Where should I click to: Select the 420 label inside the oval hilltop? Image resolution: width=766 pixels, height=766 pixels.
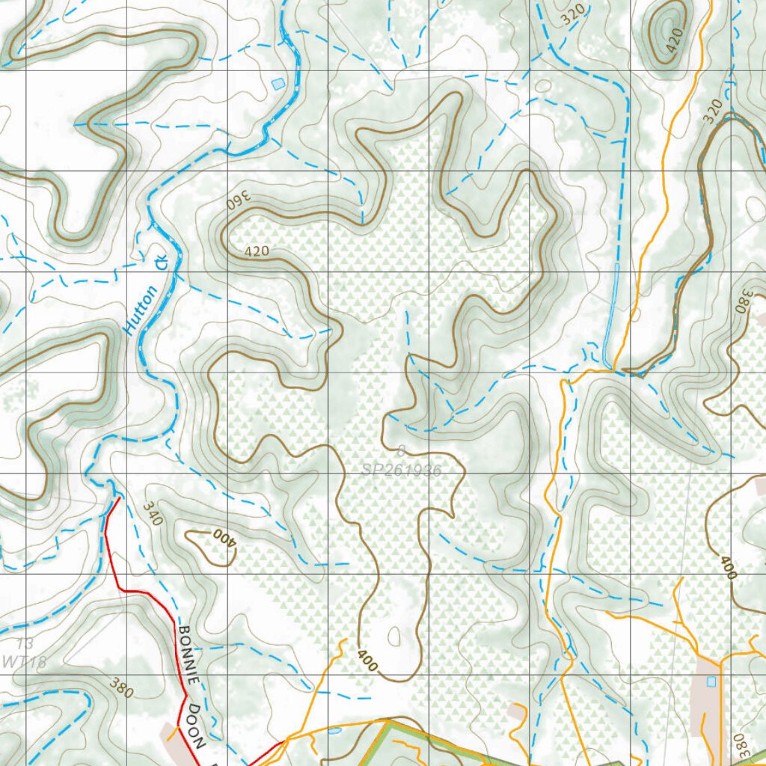673,42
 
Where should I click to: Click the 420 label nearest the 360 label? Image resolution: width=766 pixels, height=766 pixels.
256,251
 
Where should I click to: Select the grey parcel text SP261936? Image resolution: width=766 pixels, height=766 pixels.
401,471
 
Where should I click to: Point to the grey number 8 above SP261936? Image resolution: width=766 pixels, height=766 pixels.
401,451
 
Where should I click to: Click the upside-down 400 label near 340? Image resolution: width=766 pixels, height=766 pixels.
223,536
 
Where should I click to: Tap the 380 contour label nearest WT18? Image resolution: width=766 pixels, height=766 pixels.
120,687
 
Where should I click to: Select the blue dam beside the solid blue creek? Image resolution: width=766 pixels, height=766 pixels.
278,83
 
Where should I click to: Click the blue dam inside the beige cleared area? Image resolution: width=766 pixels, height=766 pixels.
711,681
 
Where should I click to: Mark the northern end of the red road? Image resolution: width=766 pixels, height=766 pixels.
118,498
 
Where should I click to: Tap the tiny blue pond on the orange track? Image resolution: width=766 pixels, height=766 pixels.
334,731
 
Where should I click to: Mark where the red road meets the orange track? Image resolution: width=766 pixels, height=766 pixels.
286,741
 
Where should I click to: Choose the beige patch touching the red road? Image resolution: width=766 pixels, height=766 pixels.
174,733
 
